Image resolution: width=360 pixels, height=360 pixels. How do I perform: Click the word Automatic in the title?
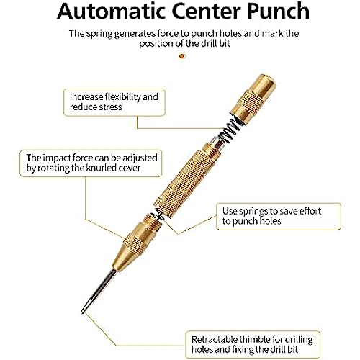(112, 11)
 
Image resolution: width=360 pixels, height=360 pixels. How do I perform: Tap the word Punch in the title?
(278, 11)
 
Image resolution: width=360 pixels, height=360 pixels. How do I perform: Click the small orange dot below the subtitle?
(182, 56)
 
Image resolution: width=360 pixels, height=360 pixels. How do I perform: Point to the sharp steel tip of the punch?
(81, 312)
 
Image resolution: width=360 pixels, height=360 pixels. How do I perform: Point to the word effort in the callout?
(310, 211)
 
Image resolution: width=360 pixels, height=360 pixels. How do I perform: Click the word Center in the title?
(207, 11)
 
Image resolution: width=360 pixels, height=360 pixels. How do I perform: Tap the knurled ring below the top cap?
(250, 102)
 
